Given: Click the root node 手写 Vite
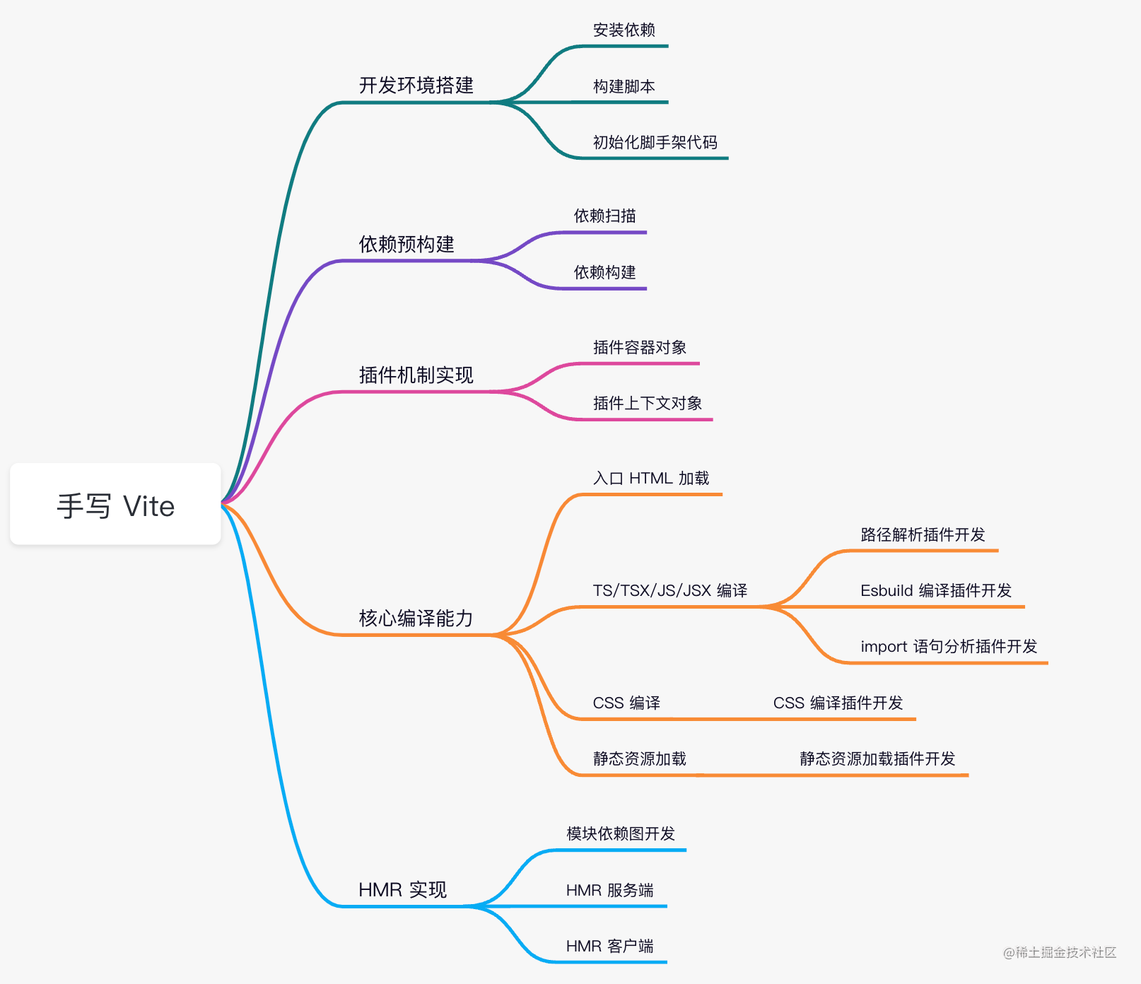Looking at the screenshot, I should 115,506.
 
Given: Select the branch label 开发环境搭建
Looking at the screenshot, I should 416,86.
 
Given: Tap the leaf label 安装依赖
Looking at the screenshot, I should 624,30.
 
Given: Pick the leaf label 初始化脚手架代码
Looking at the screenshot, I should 655,143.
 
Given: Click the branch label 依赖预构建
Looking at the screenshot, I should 406,245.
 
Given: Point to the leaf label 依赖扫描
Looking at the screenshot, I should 604,216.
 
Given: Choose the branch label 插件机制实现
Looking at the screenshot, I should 416,375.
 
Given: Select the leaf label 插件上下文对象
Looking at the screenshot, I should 647,404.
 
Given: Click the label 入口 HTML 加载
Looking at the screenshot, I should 650,479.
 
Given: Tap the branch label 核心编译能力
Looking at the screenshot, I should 416,619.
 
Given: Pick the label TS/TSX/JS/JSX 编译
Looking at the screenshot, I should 669,591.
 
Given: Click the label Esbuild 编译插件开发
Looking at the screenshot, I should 935,591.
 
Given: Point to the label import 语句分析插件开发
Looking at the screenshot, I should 948,647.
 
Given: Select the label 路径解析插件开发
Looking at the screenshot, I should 923,535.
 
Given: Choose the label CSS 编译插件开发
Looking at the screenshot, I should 838,703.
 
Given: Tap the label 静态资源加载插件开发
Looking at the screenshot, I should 877,759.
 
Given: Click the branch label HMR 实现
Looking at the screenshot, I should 402,890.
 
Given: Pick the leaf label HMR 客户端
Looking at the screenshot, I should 609,947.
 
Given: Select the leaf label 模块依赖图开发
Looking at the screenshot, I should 621,834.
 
